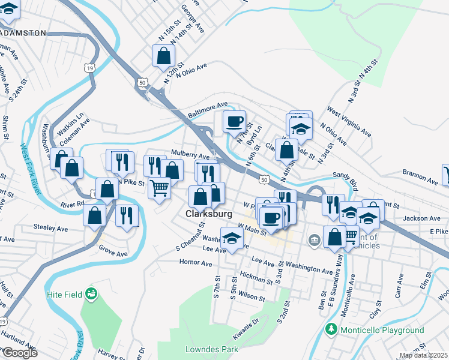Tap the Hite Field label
(66, 295)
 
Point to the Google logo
(19, 353)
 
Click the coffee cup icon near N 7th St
(235, 121)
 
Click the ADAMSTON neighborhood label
(23, 33)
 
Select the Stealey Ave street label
(52, 229)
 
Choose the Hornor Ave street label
(196, 263)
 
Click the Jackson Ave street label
(418, 218)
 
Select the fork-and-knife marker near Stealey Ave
(126, 215)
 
